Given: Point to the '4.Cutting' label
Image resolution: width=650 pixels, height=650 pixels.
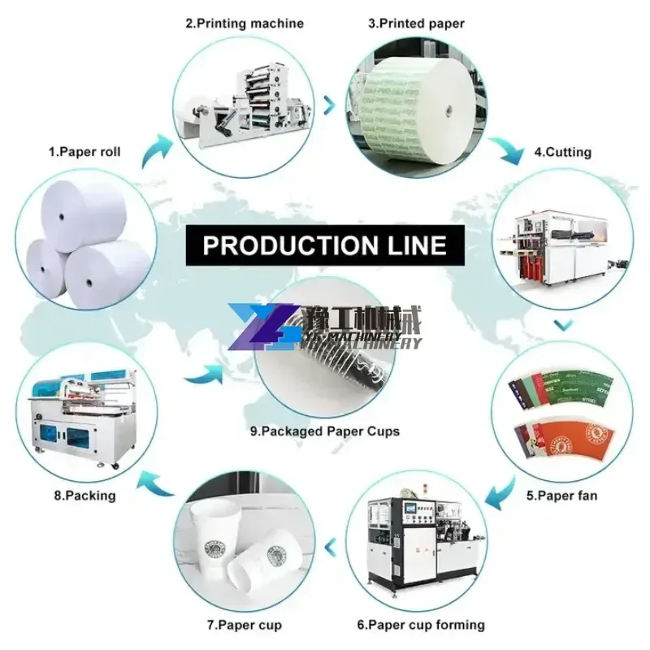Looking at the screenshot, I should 562,152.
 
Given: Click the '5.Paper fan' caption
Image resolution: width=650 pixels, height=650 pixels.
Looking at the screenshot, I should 561,493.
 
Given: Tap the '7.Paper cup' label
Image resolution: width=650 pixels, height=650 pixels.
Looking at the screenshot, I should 232,625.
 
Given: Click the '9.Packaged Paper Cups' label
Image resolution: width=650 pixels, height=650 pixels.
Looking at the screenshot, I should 325,431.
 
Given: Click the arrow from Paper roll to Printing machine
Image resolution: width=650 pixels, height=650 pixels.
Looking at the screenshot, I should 157,150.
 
